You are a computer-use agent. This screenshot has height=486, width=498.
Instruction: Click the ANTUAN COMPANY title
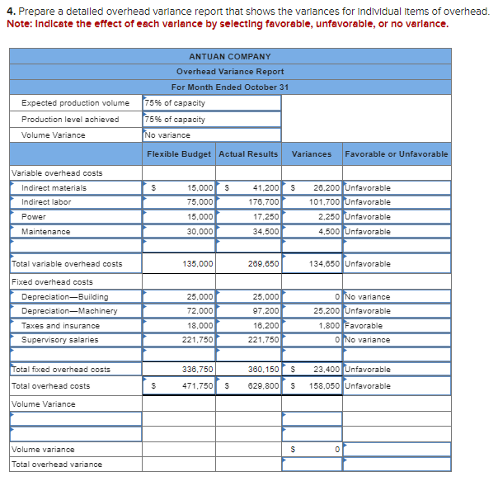pyautogui.click(x=230, y=56)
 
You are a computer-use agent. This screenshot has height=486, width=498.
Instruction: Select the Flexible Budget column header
pyautogui.click(x=179, y=154)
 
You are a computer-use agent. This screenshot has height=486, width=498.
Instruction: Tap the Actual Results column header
pyautogui.click(x=248, y=154)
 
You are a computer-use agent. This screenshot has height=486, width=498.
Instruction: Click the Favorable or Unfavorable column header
pyautogui.click(x=397, y=154)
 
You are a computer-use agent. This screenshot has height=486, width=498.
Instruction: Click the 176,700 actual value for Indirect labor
pyautogui.click(x=263, y=202)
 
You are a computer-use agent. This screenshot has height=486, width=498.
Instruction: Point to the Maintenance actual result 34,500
pyautogui.click(x=265, y=232)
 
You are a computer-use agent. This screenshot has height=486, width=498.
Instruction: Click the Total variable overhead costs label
pyautogui.click(x=67, y=264)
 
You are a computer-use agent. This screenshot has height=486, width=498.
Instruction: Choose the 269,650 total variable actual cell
pyautogui.click(x=263, y=264)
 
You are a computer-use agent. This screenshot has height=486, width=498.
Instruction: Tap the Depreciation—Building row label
pyautogui.click(x=65, y=297)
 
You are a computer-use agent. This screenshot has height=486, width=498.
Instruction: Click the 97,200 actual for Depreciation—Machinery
pyautogui.click(x=265, y=311)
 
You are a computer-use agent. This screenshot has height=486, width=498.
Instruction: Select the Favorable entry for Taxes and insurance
pyautogui.click(x=364, y=326)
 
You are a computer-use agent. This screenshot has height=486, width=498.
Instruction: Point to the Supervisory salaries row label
pyautogui.click(x=60, y=340)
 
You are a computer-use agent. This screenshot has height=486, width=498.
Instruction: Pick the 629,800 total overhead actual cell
pyautogui.click(x=263, y=385)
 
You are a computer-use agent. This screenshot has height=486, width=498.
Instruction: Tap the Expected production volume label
pyautogui.click(x=75, y=103)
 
